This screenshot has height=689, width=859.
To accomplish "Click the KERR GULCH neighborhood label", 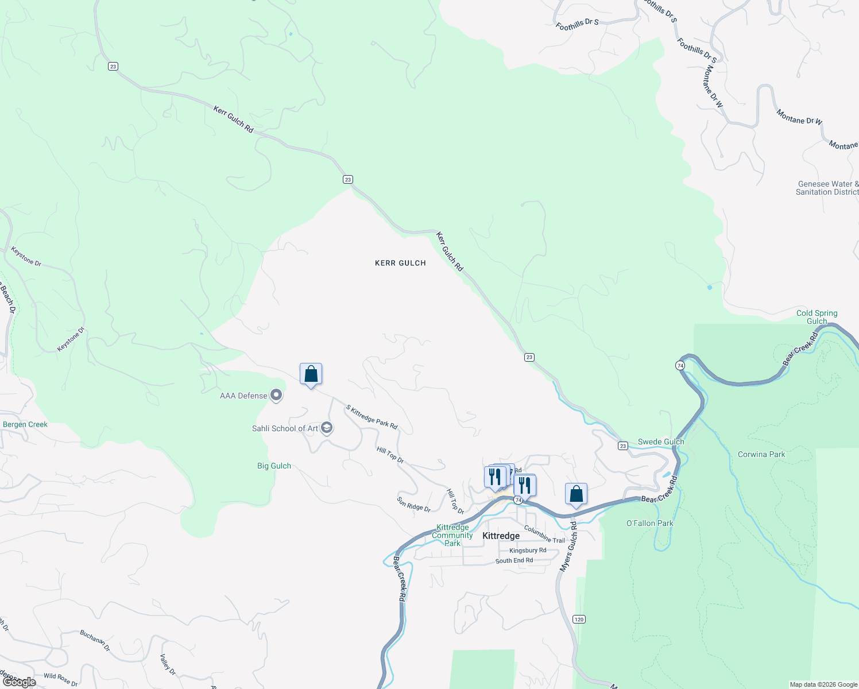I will pos(400,263).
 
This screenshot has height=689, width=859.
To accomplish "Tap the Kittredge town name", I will pos(501,536).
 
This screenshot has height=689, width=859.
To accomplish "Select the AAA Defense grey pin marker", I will pos(276,395).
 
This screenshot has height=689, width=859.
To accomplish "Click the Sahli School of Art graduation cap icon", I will pos(327,428).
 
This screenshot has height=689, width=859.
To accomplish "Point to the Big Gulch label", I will pos(274,466).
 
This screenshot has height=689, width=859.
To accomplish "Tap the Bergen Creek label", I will pos(25,424).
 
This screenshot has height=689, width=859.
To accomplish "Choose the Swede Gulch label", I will pos(661,442).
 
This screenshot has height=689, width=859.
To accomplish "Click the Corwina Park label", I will pos(761,454).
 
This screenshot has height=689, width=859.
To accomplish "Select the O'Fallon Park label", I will pos(649,523).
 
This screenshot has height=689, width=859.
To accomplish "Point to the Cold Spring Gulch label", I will pos(817,317).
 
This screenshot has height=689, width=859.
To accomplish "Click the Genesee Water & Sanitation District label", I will pos(827,188).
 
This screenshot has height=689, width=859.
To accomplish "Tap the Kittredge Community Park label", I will pos(452,535).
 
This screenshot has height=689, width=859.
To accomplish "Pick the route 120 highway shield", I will pos(579,619).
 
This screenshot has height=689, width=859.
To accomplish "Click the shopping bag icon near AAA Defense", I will pos(311,374).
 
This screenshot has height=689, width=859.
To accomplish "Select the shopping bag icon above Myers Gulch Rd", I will pos(576,494).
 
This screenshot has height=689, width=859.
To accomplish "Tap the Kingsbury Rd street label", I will pos(528,550).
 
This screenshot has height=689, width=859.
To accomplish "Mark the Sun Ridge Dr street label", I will pos(413,504).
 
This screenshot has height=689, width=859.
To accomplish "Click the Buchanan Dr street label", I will pos(95,640).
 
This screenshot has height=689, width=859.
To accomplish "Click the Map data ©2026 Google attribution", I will pos(823,684).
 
